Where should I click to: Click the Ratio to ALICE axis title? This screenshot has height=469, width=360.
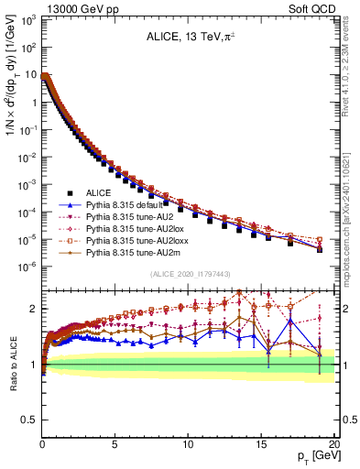(12, 365)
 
